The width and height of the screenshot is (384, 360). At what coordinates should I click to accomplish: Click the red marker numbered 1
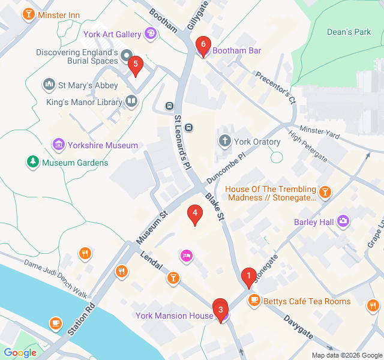pos(247,277)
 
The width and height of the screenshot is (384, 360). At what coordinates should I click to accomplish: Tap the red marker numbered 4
pos(194,214)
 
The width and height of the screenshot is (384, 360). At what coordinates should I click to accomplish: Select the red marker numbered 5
pos(136,65)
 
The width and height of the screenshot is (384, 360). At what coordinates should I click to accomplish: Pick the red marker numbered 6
pos(203,45)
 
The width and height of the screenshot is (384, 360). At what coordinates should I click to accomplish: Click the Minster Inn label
pos(59,14)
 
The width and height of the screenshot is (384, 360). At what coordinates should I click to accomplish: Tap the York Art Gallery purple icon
pos(151,34)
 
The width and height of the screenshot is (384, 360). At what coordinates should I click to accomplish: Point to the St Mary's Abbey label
pos(83,85)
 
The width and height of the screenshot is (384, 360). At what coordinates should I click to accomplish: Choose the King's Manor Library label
pos(84,102)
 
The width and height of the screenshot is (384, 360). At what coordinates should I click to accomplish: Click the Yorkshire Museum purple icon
pos(58,145)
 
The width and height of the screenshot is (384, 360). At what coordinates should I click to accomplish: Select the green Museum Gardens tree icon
pos(31,162)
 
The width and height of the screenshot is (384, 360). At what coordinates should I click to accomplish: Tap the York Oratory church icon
pos(225,142)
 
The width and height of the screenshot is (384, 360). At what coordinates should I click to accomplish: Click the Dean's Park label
pos(349,32)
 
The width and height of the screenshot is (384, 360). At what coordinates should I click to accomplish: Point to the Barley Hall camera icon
pos(344,221)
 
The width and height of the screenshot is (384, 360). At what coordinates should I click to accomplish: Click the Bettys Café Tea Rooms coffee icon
pos(254,301)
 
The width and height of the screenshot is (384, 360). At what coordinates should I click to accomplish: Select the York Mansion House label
pos(174,316)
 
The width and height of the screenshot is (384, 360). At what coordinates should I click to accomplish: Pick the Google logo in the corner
pos(20,353)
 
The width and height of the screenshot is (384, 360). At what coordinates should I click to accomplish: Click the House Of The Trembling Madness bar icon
pos(325,192)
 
